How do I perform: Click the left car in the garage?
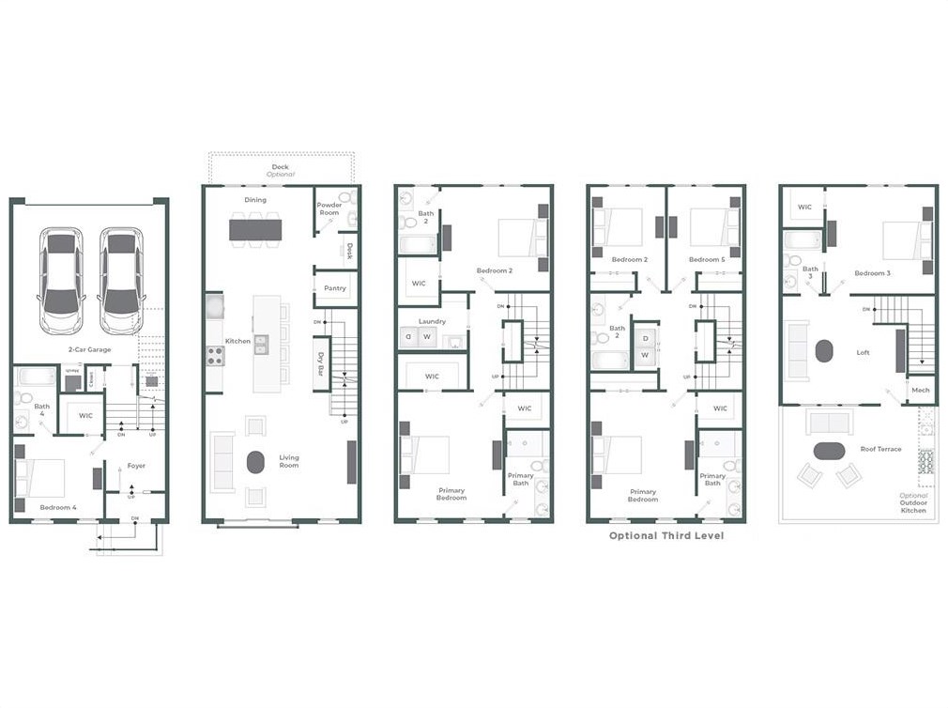(x=61, y=280)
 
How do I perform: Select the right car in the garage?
(x=120, y=280)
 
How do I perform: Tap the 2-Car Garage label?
(x=90, y=349)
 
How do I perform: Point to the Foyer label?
(x=136, y=466)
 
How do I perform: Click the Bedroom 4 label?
(x=58, y=507)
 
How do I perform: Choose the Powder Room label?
(x=329, y=208)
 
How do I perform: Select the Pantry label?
(x=334, y=288)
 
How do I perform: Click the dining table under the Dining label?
(x=255, y=228)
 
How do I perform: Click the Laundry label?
(x=432, y=321)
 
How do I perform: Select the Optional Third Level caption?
(x=665, y=536)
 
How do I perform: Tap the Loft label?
(x=863, y=353)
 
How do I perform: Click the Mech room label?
(x=920, y=390)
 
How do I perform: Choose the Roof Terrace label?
(x=880, y=449)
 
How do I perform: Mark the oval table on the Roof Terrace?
(x=829, y=451)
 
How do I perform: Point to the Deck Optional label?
(x=281, y=171)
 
